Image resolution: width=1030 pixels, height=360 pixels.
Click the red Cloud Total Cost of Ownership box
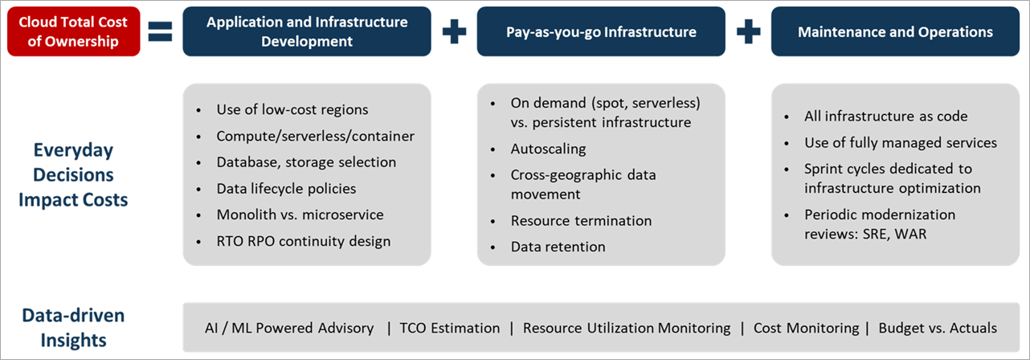click(x=74, y=32)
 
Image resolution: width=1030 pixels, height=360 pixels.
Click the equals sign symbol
click(x=161, y=33)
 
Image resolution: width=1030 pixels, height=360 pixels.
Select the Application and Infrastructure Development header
click(x=307, y=32)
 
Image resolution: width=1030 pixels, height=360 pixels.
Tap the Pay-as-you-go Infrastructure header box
click(x=601, y=32)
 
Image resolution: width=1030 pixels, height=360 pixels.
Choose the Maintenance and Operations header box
click(x=895, y=32)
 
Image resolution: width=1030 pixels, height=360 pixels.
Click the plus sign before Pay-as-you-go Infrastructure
click(x=454, y=32)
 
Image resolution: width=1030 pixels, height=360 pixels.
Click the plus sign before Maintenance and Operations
click(x=748, y=32)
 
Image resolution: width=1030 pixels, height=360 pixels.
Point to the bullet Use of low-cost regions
click(x=292, y=109)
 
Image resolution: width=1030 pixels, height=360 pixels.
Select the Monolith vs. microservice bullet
click(x=300, y=215)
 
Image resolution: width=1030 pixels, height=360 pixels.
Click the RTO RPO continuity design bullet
click(x=303, y=240)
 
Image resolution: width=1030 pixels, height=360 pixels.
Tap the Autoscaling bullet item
click(x=548, y=149)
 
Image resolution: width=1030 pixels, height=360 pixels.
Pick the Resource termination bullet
click(x=581, y=220)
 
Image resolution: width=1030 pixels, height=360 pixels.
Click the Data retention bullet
click(x=558, y=247)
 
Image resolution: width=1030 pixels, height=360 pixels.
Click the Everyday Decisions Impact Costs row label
click(x=73, y=175)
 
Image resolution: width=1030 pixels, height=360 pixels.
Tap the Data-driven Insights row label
click(x=73, y=327)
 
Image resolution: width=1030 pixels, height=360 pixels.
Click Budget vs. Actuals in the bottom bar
click(x=938, y=328)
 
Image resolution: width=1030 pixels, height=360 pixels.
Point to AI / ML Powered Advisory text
click(x=289, y=328)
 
